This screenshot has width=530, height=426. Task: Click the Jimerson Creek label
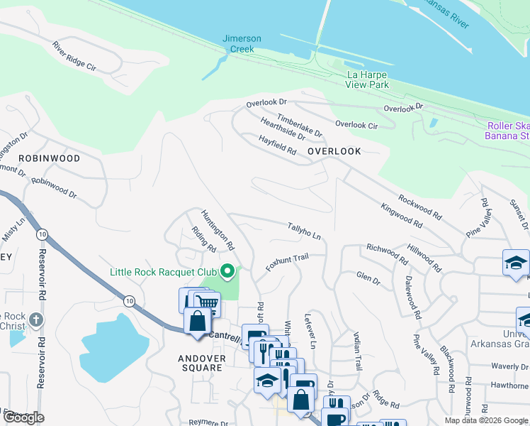(242, 43)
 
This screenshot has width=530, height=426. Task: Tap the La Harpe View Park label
(367, 80)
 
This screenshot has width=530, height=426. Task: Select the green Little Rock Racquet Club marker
(227, 271)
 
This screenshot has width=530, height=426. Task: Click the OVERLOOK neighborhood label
(334, 151)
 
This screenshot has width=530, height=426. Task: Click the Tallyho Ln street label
(304, 230)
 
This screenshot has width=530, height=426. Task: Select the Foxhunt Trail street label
(287, 263)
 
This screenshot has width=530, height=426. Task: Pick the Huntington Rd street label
(218, 229)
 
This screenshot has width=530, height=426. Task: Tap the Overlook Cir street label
(356, 124)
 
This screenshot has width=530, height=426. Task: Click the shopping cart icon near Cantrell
(205, 304)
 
